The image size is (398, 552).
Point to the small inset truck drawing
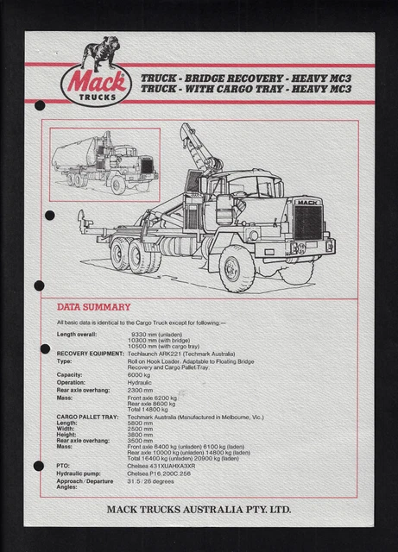point(104,160)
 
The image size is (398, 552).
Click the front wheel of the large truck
point(236,267)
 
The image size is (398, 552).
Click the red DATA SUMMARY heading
point(93,307)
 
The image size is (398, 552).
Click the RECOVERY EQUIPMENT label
point(91,354)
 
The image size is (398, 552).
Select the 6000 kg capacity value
point(139,375)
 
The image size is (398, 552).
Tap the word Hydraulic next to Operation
point(142,382)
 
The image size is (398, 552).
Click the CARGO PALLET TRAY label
point(87,417)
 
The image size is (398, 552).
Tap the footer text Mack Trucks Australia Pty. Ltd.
point(199,510)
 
